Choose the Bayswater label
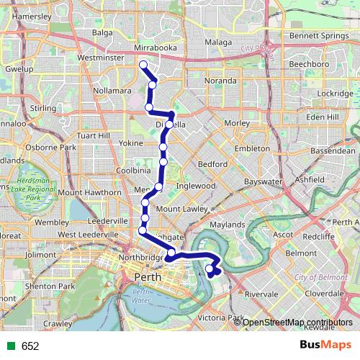261,182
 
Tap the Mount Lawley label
177,209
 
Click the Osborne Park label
51,148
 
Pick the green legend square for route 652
9,346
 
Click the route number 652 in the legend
30,346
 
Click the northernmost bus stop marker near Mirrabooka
143,65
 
